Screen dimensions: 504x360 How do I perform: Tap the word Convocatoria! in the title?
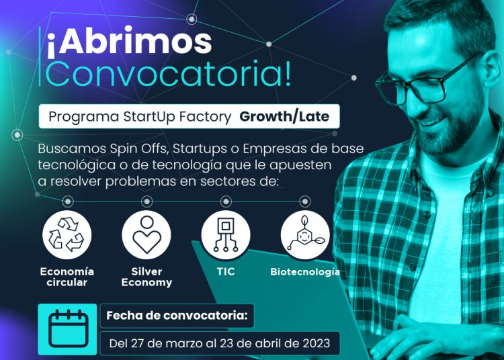168,73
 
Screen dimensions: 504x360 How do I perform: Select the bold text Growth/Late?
284,117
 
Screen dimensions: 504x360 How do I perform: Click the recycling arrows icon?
67,235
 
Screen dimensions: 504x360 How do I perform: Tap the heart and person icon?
146,235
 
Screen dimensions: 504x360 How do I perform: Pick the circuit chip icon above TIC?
226,235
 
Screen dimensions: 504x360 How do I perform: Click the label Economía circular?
67,277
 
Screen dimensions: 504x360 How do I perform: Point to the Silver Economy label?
146,277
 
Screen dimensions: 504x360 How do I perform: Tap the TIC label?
226,272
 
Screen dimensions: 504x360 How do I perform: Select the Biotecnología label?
305,272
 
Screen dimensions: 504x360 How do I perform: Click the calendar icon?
68,328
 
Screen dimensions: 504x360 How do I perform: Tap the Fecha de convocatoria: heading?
177,316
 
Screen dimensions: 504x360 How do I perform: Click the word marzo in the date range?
184,344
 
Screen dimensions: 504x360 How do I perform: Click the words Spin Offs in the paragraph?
140,148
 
